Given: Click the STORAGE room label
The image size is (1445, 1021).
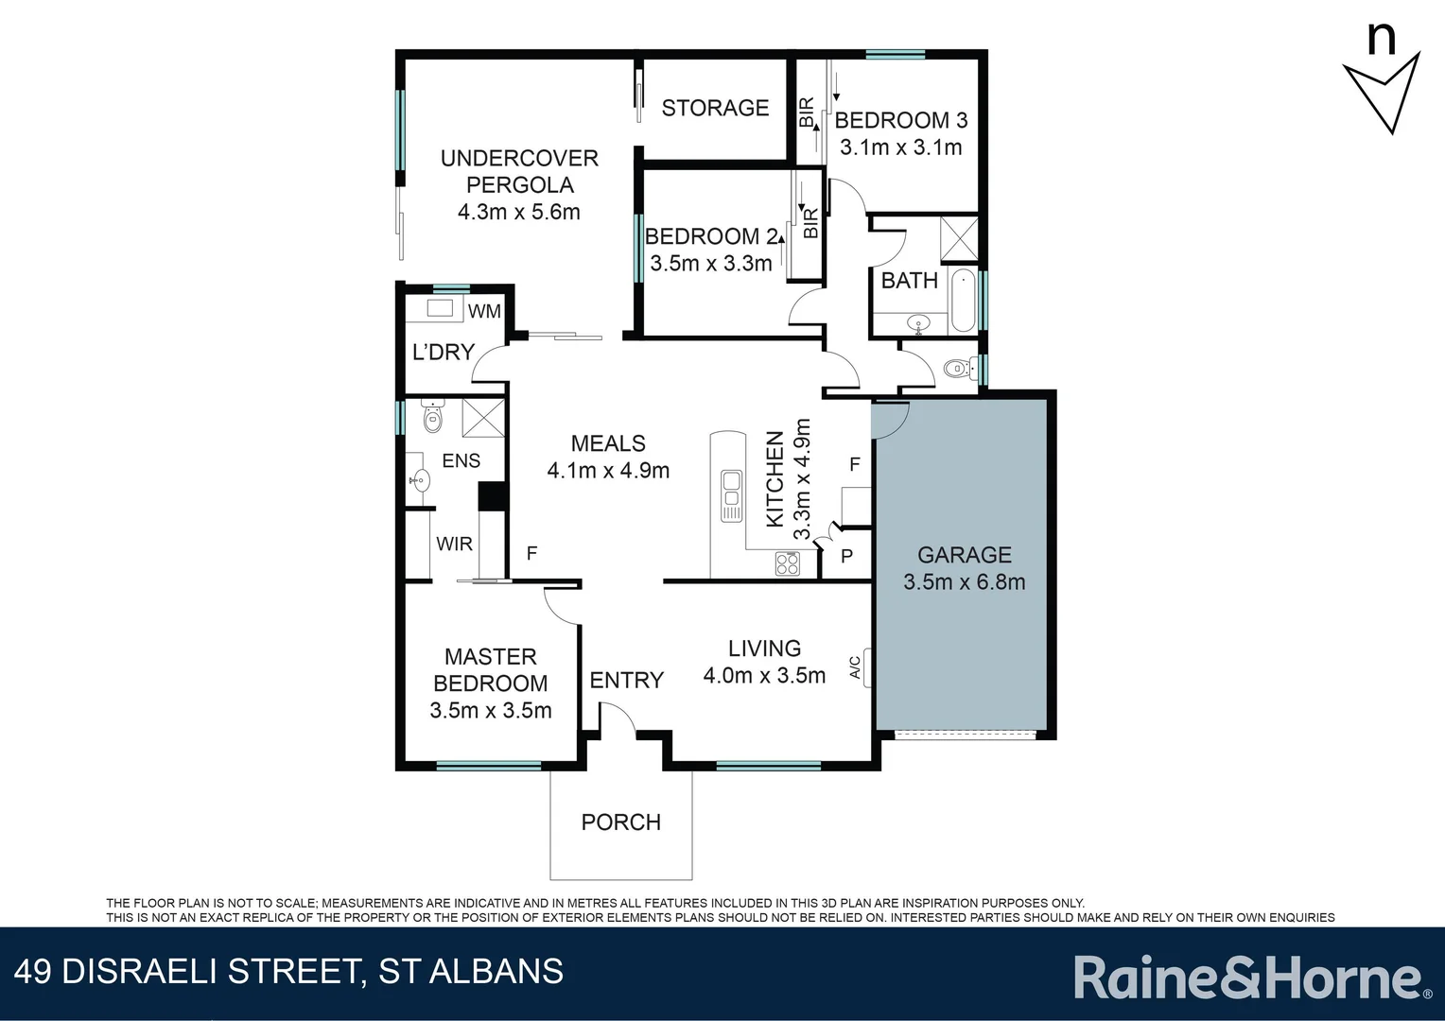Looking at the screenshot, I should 715,108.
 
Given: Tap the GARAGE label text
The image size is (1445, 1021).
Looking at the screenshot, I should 964,555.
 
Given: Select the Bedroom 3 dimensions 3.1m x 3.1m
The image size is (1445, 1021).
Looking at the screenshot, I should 900,147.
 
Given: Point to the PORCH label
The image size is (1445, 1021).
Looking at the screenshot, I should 620,822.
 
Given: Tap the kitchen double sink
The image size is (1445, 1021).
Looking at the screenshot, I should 731,494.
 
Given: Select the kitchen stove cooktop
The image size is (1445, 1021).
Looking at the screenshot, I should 787,563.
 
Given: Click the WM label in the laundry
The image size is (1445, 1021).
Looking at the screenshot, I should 484,311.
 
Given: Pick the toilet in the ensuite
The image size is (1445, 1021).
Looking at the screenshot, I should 432,417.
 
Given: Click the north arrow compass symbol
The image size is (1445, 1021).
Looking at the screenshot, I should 1382,86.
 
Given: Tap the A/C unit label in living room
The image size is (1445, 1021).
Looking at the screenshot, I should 856,667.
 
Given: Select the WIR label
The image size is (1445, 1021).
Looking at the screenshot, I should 454,544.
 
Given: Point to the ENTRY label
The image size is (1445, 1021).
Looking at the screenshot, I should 626,680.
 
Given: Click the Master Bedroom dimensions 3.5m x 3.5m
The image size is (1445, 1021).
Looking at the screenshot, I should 490,711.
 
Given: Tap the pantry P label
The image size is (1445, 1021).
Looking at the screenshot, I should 846,557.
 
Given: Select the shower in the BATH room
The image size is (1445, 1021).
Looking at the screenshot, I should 959,238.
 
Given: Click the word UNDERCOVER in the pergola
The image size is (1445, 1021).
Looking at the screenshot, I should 519,158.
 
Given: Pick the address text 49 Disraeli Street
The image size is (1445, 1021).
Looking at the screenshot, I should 288,972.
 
